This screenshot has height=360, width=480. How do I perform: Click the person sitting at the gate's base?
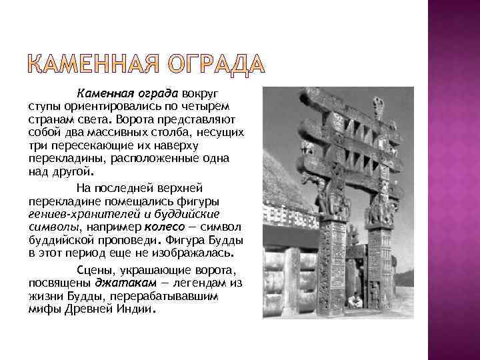point(355,301)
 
